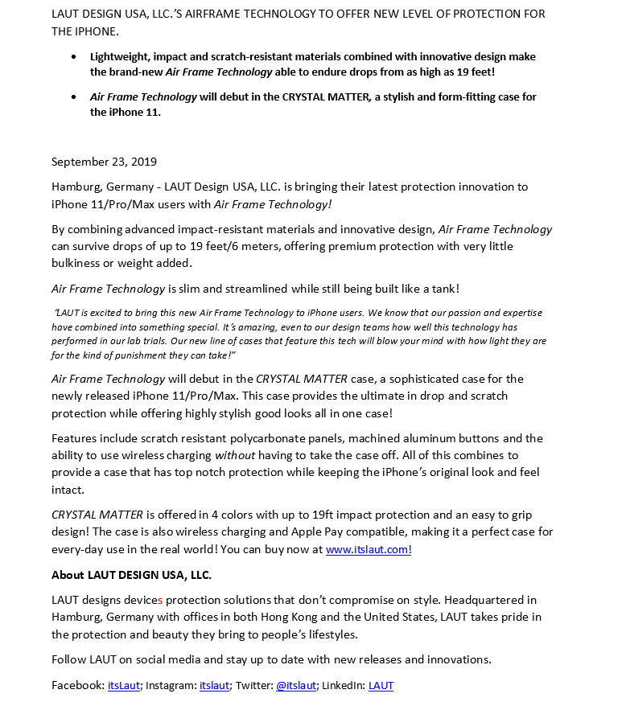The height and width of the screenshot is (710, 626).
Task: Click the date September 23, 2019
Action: pyautogui.click(x=104, y=162)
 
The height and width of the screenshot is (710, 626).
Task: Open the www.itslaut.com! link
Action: pyautogui.click(x=369, y=550)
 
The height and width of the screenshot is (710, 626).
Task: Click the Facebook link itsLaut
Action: pyautogui.click(x=125, y=685)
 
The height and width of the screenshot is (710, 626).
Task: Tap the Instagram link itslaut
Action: pyautogui.click(x=214, y=685)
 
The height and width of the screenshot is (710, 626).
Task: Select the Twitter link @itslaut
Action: pyautogui.click(x=296, y=685)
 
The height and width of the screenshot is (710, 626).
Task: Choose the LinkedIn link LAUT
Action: pyautogui.click(x=381, y=685)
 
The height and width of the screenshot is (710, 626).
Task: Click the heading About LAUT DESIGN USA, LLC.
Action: pyautogui.click(x=131, y=575)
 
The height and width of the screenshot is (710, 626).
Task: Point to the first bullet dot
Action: pyautogui.click(x=74, y=57)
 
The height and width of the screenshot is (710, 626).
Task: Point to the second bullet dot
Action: pyautogui.click(x=74, y=97)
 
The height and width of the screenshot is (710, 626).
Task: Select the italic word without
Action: pyautogui.click(x=235, y=455)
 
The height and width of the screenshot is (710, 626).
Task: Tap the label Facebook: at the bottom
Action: pyautogui.click(x=78, y=685)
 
